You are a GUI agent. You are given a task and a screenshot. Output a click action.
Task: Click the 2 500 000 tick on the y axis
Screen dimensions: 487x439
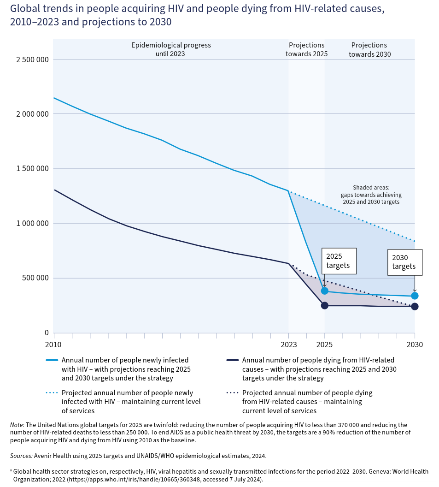pyautogui.click(x=29, y=59)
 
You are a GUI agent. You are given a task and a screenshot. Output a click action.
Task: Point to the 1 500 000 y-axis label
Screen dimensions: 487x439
pyautogui.click(x=29, y=169)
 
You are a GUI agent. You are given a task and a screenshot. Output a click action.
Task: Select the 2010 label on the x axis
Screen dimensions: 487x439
pyautogui.click(x=53, y=344)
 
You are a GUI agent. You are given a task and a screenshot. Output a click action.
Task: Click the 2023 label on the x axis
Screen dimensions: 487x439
pyautogui.click(x=288, y=344)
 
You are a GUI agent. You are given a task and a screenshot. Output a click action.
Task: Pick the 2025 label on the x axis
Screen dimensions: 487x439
pyautogui.click(x=324, y=344)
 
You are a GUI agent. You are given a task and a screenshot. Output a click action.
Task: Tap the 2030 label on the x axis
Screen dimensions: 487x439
pyautogui.click(x=414, y=344)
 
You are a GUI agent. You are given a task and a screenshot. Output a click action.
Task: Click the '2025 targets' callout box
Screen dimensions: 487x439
pyautogui.click(x=339, y=261)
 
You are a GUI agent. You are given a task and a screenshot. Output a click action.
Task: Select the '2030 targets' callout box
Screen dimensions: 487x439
pyautogui.click(x=404, y=262)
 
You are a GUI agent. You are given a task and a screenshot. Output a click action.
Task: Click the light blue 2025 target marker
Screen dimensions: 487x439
pyautogui.click(x=325, y=291)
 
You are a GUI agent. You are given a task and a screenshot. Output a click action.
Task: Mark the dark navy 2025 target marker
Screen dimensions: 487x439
pyautogui.click(x=325, y=305)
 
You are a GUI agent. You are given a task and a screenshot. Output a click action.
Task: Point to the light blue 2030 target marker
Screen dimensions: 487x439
pyautogui.click(x=415, y=296)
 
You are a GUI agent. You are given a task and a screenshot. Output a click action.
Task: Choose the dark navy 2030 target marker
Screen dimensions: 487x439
pyautogui.click(x=415, y=307)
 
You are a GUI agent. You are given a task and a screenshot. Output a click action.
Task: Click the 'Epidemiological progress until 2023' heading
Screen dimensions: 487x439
pyautogui.click(x=171, y=49)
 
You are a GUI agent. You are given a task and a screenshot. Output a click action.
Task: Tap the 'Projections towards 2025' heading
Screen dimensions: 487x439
pyautogui.click(x=306, y=49)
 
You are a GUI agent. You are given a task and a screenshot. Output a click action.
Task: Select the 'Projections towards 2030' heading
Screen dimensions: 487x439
pyautogui.click(x=369, y=49)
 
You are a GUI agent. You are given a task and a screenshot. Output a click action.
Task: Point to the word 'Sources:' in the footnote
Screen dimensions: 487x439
pyautogui.click(x=21, y=456)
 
